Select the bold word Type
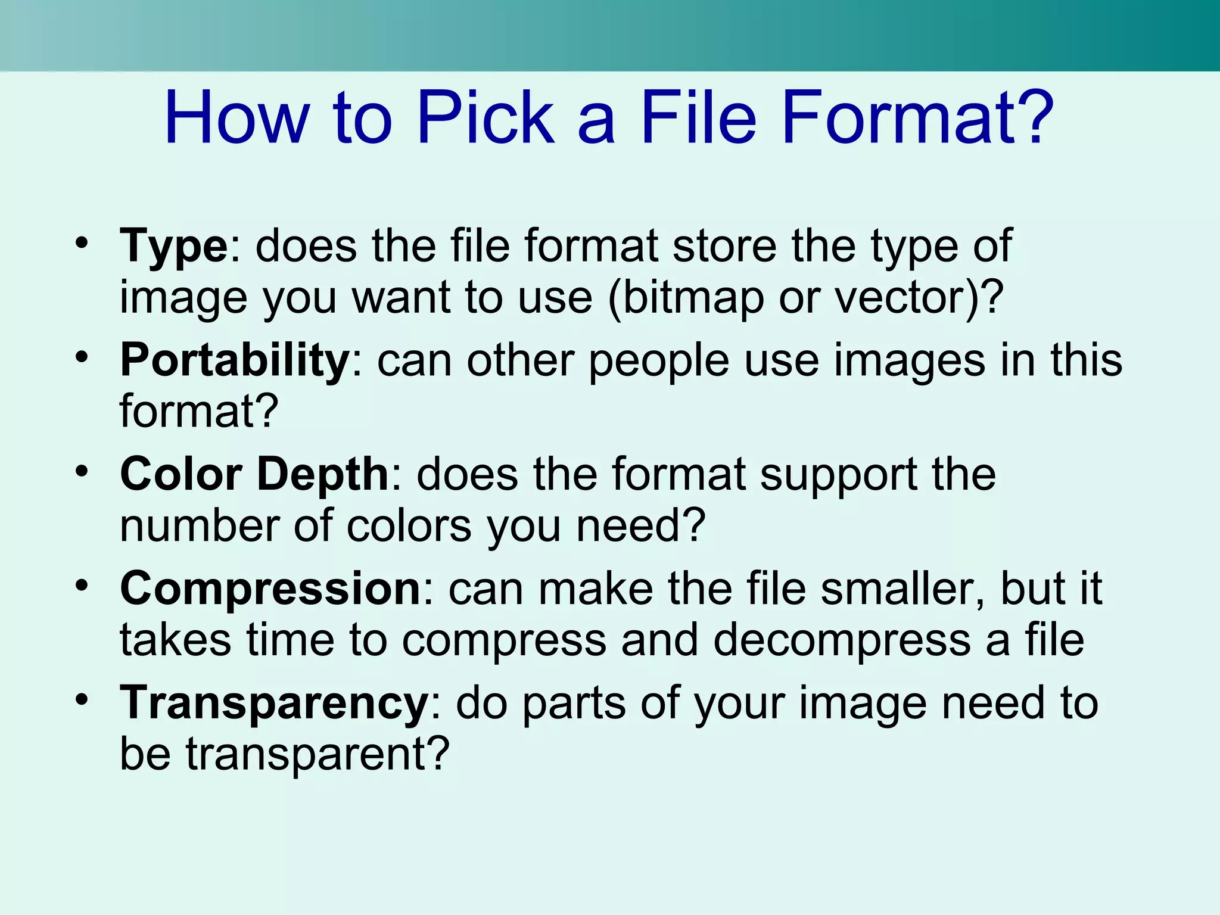tap(173, 247)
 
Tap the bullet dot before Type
tap(82, 243)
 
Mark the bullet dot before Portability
tap(82, 357)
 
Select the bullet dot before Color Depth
tap(82, 472)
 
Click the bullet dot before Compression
tap(82, 586)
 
